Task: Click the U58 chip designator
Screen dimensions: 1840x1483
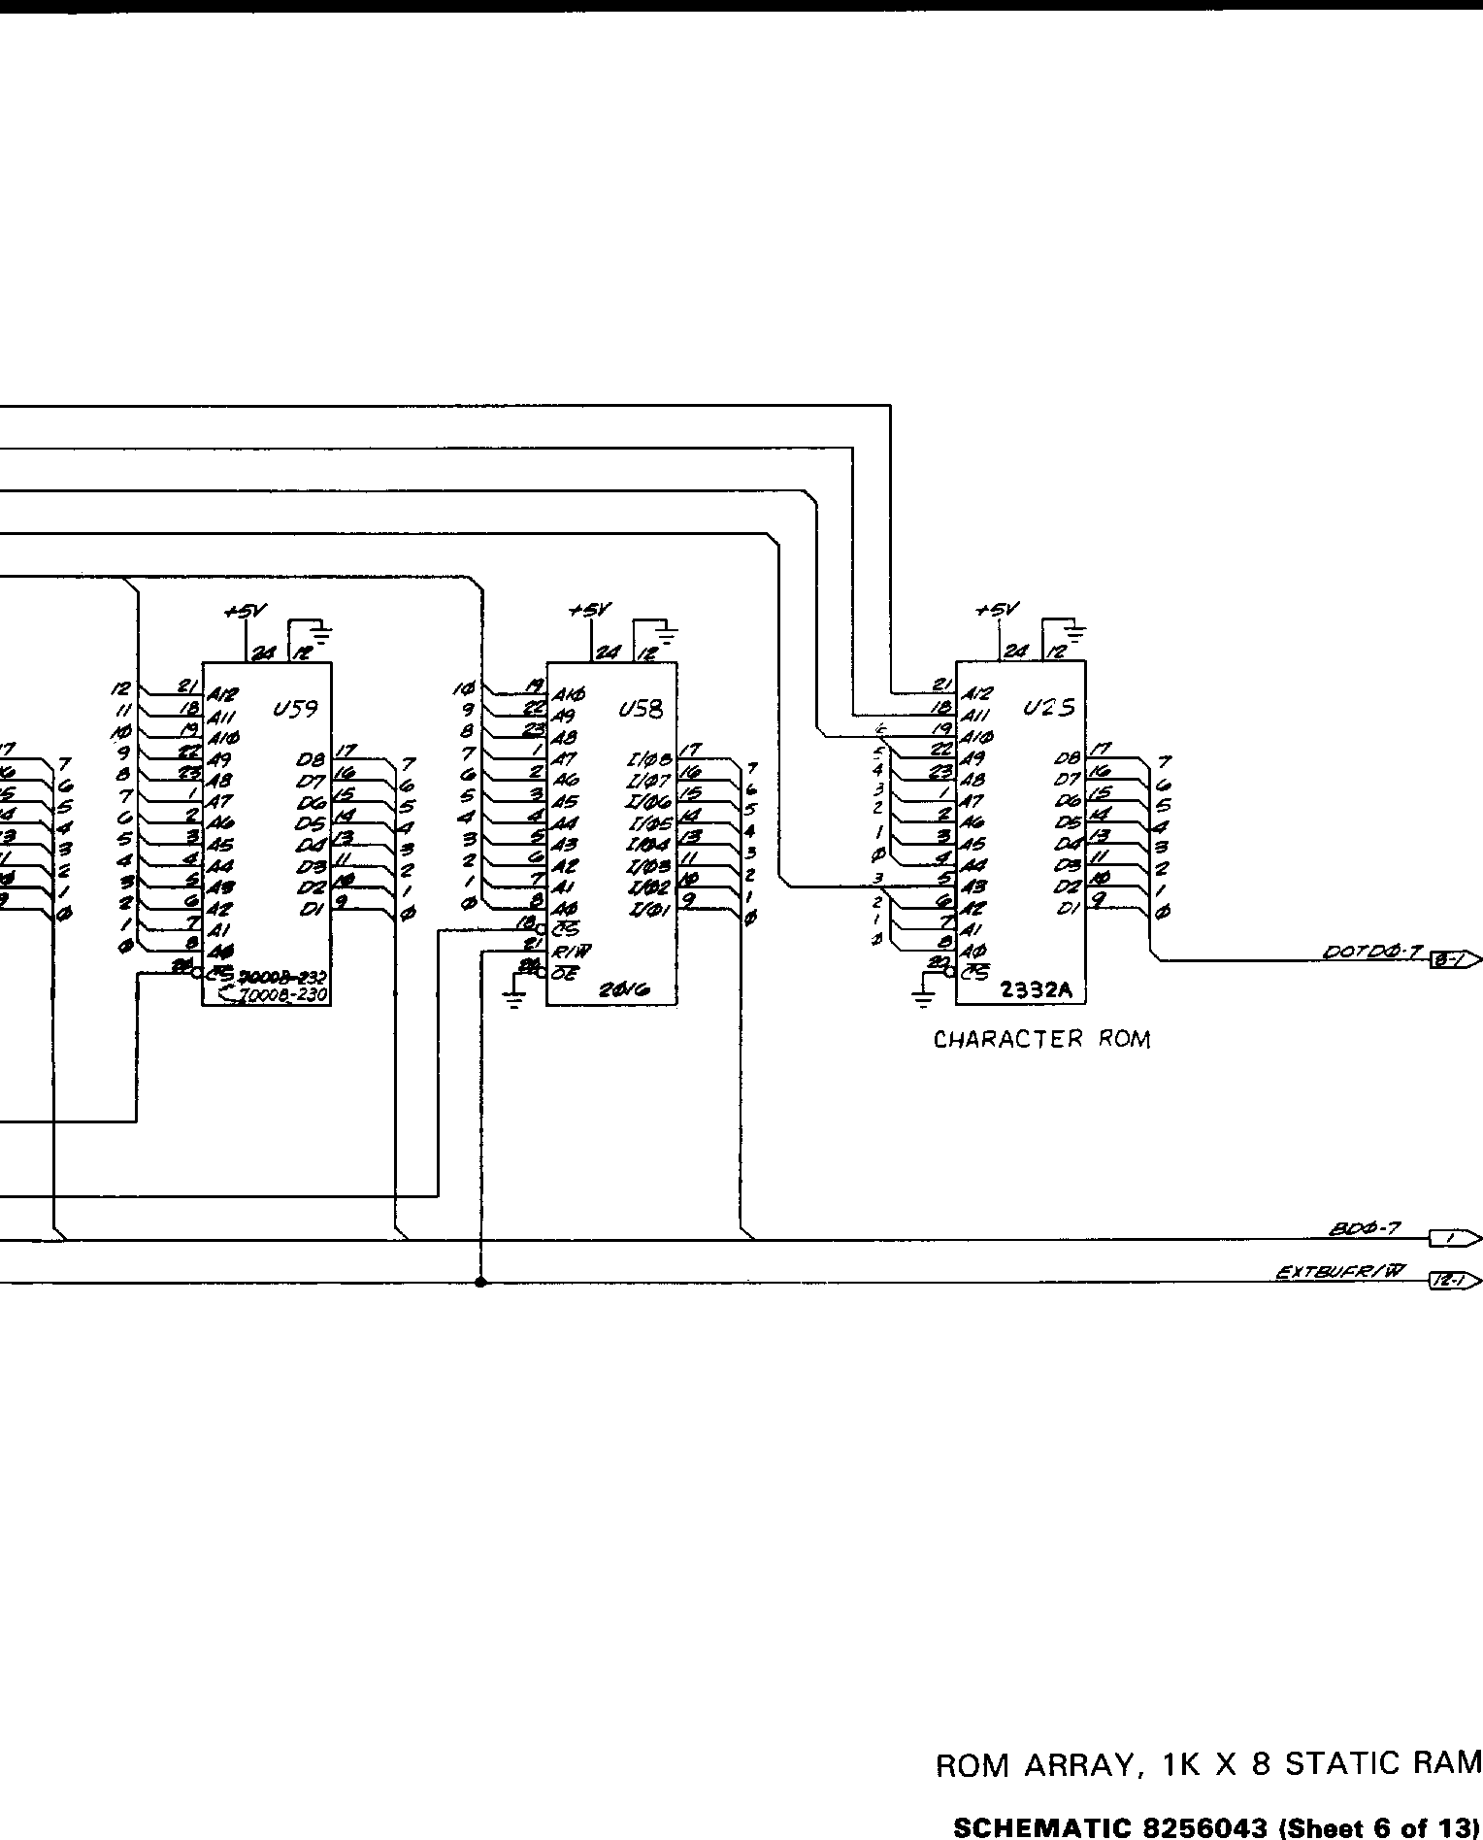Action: tap(641, 709)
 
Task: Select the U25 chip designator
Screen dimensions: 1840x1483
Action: tap(1049, 708)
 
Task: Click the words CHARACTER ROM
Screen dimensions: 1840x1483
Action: tap(1041, 1039)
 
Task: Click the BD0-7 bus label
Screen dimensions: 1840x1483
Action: tap(1364, 1228)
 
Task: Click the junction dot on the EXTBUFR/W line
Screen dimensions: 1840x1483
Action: tap(480, 1283)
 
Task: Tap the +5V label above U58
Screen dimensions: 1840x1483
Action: tap(590, 610)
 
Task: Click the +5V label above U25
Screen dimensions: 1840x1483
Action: tap(997, 610)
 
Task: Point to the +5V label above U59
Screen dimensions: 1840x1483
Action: tap(245, 611)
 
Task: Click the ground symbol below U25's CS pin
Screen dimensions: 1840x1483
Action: tap(923, 997)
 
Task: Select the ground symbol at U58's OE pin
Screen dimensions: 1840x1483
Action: tap(514, 997)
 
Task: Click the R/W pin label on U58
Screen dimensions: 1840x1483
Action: tap(572, 950)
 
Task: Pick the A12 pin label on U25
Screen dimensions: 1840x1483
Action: tap(975, 694)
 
